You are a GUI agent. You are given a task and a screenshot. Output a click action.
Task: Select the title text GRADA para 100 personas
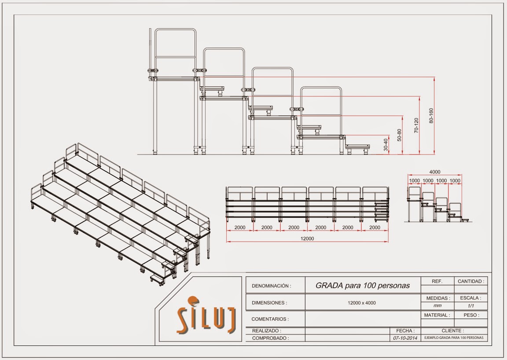click(362, 285)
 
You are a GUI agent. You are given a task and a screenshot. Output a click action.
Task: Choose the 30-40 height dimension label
click(386, 145)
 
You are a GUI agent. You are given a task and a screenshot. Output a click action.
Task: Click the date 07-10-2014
click(404, 338)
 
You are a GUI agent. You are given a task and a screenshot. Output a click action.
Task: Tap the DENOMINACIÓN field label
click(271, 286)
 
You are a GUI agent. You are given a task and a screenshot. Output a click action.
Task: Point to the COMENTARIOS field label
click(270, 319)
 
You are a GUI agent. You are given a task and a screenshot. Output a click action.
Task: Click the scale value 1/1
click(470, 306)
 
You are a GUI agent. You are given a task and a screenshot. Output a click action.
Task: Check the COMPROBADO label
click(270, 338)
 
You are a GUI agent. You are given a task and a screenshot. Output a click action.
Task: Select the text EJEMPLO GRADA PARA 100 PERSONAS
click(453, 338)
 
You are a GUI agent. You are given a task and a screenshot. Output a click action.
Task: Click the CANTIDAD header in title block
click(470, 281)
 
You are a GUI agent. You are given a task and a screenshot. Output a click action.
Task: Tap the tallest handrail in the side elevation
click(175, 48)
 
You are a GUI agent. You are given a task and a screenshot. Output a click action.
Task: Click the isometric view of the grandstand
click(119, 211)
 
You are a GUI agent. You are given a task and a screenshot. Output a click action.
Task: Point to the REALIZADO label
click(266, 331)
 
